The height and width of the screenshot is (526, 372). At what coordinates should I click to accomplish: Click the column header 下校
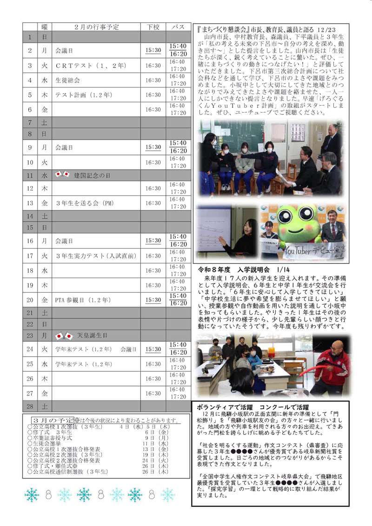coord(153,27)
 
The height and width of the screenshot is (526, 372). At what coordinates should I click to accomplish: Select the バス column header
coord(178,27)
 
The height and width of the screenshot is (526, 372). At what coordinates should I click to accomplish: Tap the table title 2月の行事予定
coord(97,27)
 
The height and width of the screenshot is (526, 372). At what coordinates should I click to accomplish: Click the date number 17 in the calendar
coord(30,255)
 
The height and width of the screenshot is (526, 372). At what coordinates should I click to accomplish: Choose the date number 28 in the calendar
coord(30,406)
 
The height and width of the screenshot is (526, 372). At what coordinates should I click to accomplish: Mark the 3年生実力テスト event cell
coord(95,255)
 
